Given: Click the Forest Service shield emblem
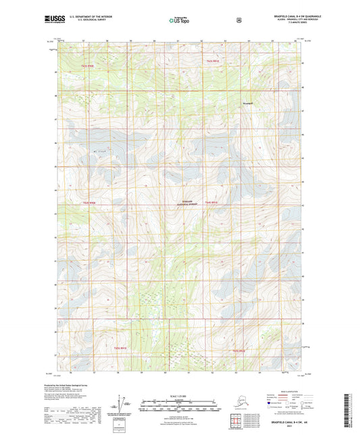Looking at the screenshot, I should tap(238, 20).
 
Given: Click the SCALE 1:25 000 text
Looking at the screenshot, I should tap(179, 396).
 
